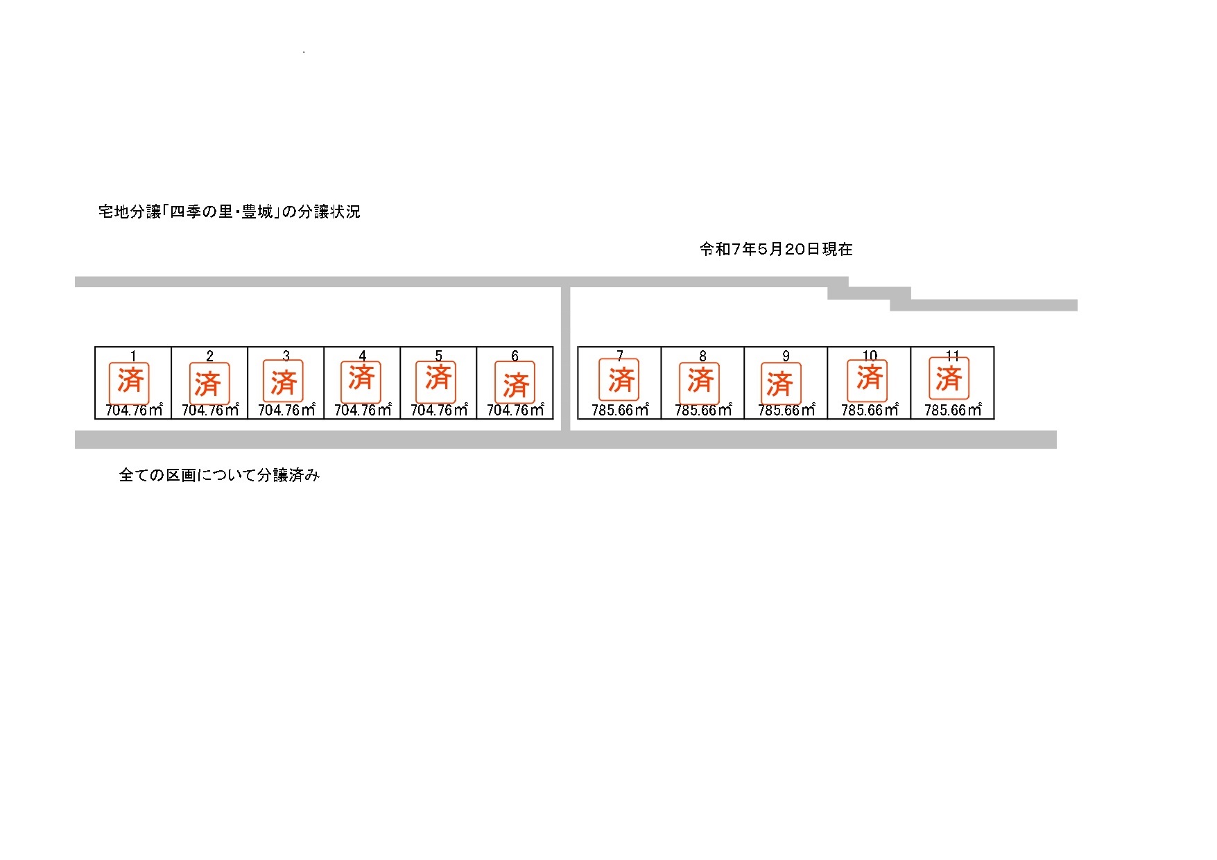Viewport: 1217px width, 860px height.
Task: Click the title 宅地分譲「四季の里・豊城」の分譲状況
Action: [x=230, y=212]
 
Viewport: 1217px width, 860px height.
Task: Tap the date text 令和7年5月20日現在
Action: [x=776, y=249]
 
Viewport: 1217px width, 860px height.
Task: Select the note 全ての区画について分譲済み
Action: [x=219, y=475]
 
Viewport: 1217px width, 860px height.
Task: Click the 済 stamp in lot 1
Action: [x=130, y=382]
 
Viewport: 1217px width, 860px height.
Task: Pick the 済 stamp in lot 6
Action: [x=515, y=382]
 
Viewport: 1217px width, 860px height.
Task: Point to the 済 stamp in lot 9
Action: [x=780, y=383]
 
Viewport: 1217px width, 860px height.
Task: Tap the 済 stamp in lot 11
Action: [x=949, y=378]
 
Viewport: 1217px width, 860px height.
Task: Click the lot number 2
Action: [x=209, y=356]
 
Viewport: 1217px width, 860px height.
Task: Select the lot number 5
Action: [x=438, y=356]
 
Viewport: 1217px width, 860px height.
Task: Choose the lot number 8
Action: [x=702, y=356]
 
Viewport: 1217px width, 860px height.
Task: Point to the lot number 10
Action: [x=870, y=356]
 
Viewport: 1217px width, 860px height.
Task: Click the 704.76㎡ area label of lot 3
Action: [x=286, y=410]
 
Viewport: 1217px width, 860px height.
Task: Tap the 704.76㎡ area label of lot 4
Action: [x=363, y=410]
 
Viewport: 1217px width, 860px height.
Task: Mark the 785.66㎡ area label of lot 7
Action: [x=620, y=410]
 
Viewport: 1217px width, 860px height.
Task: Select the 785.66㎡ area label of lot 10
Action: [x=870, y=410]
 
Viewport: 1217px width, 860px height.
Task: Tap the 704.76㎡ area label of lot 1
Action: [x=134, y=410]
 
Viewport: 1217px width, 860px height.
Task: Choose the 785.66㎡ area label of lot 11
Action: [x=953, y=410]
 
